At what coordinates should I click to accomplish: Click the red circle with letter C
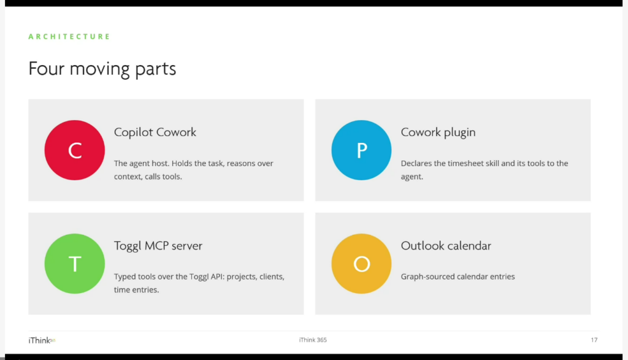tap(74, 150)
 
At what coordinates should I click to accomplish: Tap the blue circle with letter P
tap(361, 150)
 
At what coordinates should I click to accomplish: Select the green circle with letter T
tap(74, 264)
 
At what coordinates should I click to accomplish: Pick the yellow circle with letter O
tap(361, 264)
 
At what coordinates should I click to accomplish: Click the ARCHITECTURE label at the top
tap(69, 36)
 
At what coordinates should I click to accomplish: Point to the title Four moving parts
tap(102, 69)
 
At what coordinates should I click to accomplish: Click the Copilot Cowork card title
tap(155, 132)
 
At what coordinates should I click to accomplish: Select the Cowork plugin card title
tap(438, 132)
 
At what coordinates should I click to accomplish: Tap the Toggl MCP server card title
tap(158, 245)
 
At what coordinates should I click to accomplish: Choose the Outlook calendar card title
tap(446, 245)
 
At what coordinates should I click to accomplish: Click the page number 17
tap(594, 340)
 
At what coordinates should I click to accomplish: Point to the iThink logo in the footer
tap(42, 340)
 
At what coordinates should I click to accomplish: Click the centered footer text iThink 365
tap(313, 340)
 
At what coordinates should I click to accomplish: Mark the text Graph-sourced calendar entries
tap(458, 277)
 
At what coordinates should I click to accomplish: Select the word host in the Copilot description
tap(160, 163)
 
